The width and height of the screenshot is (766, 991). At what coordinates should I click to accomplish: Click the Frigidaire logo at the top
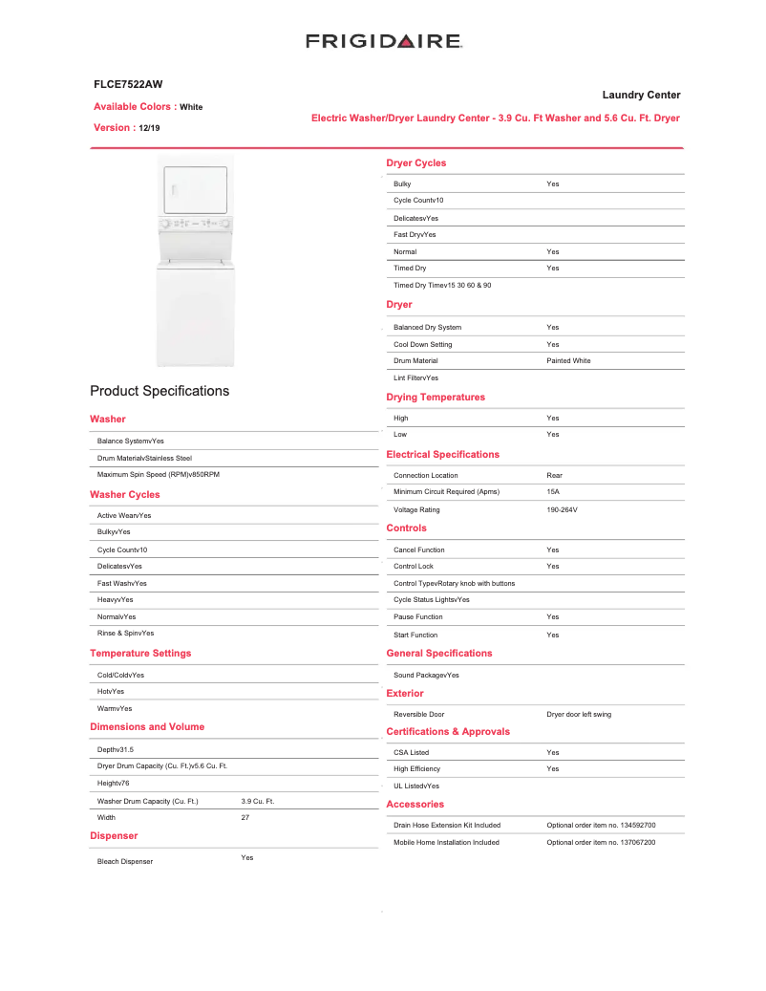[384, 41]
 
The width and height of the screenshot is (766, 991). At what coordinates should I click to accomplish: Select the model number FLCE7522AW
[121, 85]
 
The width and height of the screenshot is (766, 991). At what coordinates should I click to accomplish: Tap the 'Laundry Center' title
[641, 95]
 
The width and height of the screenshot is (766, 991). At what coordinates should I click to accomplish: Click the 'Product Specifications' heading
[160, 391]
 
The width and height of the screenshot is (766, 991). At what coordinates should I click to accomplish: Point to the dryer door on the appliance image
[196, 190]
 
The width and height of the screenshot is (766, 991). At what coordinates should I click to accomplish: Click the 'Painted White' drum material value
[568, 361]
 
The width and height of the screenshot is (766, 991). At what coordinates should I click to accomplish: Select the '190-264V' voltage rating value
[562, 510]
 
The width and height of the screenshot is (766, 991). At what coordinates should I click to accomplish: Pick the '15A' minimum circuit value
[553, 492]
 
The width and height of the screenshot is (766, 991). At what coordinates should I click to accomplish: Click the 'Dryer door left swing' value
[579, 715]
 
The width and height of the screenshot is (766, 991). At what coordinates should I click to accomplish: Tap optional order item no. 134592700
[601, 826]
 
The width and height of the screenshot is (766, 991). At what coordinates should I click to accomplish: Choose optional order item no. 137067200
[601, 843]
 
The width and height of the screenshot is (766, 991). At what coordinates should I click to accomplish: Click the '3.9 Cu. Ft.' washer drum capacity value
[257, 801]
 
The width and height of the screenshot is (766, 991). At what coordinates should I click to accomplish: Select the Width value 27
[245, 818]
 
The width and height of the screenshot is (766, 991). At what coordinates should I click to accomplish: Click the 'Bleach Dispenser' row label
[125, 862]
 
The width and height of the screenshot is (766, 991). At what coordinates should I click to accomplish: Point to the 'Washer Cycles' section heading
[125, 495]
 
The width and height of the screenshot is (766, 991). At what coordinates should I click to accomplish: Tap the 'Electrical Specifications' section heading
[442, 455]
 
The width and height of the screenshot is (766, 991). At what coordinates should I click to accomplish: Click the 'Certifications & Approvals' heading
[448, 732]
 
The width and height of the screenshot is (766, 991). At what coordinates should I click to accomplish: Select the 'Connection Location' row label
[425, 476]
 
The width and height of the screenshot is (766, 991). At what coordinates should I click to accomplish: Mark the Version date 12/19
[149, 128]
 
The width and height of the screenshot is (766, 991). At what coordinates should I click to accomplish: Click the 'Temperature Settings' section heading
[140, 654]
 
